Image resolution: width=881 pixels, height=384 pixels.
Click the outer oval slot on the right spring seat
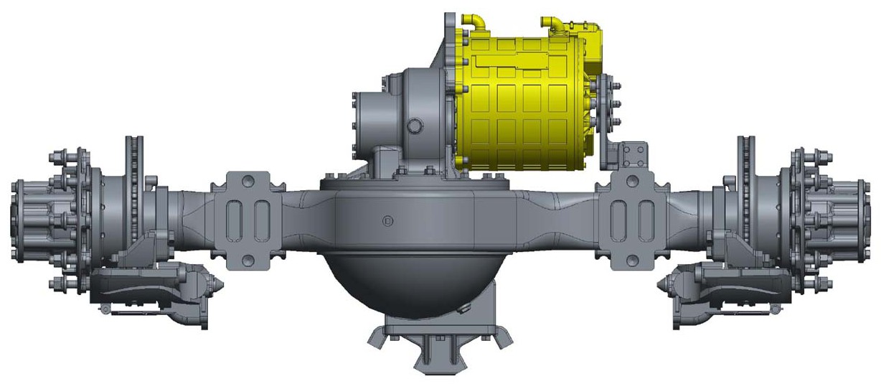pos(646,216)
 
